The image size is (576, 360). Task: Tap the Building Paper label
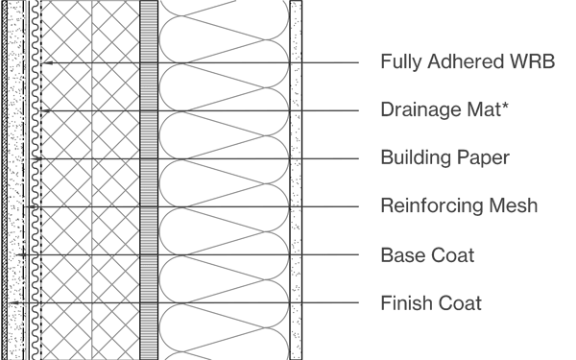[444, 157]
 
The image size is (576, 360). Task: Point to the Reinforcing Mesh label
[459, 205]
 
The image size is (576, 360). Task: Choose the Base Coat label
[427, 255]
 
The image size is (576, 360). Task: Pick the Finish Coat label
[431, 304]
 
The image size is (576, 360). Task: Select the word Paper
[483, 158]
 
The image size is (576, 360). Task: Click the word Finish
[404, 304]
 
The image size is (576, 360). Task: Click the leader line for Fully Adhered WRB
[326, 63]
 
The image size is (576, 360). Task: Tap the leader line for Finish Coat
[326, 304]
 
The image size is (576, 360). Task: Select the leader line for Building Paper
[326, 157]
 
